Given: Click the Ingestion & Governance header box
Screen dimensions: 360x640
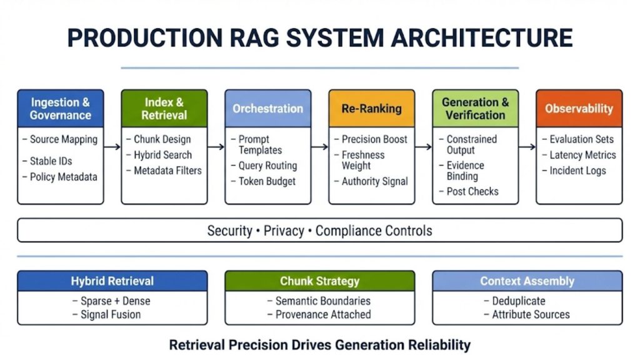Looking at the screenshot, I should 60,109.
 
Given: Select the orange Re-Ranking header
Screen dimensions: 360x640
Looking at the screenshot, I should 371,109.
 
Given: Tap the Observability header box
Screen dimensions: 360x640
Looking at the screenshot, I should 579,109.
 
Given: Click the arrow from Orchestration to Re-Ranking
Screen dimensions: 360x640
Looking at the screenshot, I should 319,147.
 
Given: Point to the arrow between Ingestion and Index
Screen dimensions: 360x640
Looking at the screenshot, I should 112,147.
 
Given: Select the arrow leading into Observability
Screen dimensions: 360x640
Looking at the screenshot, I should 527,147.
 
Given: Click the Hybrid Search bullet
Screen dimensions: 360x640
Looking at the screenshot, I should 162,155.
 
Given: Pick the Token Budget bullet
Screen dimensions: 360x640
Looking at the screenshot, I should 267,181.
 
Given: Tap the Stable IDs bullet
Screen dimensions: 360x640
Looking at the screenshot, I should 51,161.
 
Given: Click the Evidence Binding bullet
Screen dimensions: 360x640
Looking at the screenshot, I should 465,171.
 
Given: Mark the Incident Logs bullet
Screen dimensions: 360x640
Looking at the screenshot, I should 577,171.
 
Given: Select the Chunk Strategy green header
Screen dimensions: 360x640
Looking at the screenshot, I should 319,281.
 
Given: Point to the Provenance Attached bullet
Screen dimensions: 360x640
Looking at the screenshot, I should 323,314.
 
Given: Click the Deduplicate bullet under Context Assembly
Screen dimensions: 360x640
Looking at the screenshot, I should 518,301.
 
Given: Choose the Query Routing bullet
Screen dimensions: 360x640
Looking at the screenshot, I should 267,166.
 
